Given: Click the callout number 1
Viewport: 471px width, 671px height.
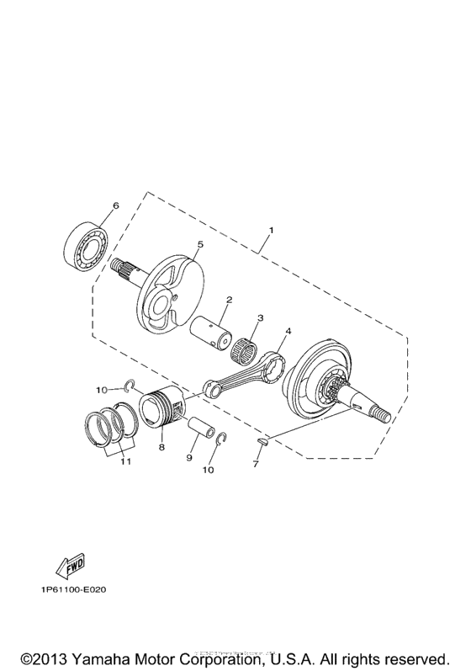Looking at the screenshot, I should [271, 230].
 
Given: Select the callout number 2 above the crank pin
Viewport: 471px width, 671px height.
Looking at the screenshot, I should [229, 300].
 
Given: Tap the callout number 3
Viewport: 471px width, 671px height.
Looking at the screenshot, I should [261, 318].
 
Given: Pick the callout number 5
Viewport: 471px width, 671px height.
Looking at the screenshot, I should [199, 244].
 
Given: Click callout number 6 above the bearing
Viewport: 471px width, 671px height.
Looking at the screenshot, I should [115, 205].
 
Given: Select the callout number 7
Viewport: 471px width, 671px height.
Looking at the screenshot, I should [257, 465].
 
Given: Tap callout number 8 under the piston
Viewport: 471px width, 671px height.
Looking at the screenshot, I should [161, 449].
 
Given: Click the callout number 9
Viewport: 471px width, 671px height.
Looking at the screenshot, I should [189, 457].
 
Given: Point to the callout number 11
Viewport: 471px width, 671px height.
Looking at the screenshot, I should [124, 463].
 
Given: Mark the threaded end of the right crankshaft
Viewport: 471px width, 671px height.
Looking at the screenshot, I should [382, 413].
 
